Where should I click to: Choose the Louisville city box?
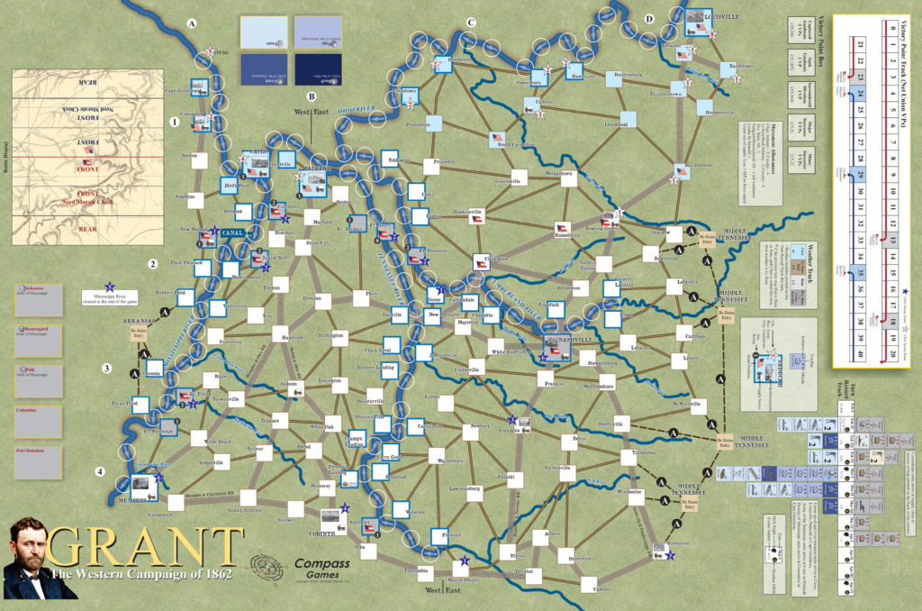(x=699, y=22)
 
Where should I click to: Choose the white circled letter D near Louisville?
(x=649, y=18)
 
